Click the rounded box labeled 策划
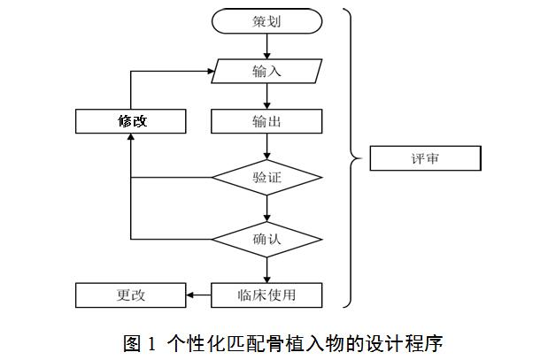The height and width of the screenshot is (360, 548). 266,21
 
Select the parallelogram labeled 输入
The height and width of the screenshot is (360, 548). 266,72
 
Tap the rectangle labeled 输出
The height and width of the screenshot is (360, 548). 266,121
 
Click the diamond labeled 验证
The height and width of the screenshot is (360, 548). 266,178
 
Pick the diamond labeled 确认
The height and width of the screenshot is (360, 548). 266,239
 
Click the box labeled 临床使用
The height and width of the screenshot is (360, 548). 266,295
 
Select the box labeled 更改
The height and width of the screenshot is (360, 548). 130,295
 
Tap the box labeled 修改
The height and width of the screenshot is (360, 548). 130,121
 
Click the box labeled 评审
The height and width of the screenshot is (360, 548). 424,159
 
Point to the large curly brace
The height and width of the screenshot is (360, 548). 352,159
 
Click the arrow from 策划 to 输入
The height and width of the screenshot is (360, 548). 266,47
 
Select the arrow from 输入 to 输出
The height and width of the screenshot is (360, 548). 266,96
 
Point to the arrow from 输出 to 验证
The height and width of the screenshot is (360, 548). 266,146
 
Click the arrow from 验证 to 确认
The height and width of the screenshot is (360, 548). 266,208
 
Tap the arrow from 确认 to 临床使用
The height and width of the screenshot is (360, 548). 266,270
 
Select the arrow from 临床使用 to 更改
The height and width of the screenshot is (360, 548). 199,295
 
